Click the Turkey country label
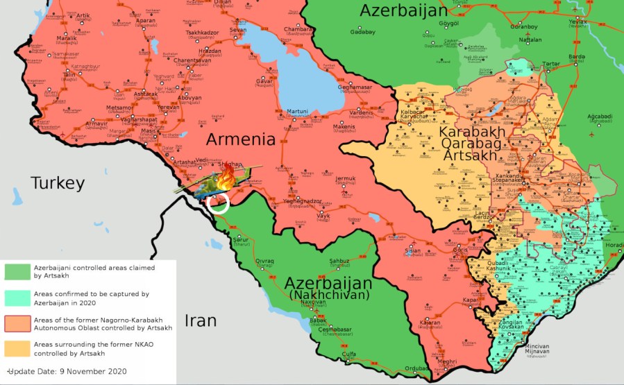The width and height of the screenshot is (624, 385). click(57, 183)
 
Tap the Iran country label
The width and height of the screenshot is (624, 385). click(201, 320)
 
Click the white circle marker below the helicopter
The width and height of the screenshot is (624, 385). click(218, 203)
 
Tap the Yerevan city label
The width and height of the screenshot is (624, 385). click(168, 108)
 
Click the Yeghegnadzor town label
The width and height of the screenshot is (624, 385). click(303, 201)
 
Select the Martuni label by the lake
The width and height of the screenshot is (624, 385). click(297, 112)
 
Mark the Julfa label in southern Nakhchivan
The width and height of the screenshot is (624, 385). click(350, 354)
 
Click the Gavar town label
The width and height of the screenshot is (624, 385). click(265, 81)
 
